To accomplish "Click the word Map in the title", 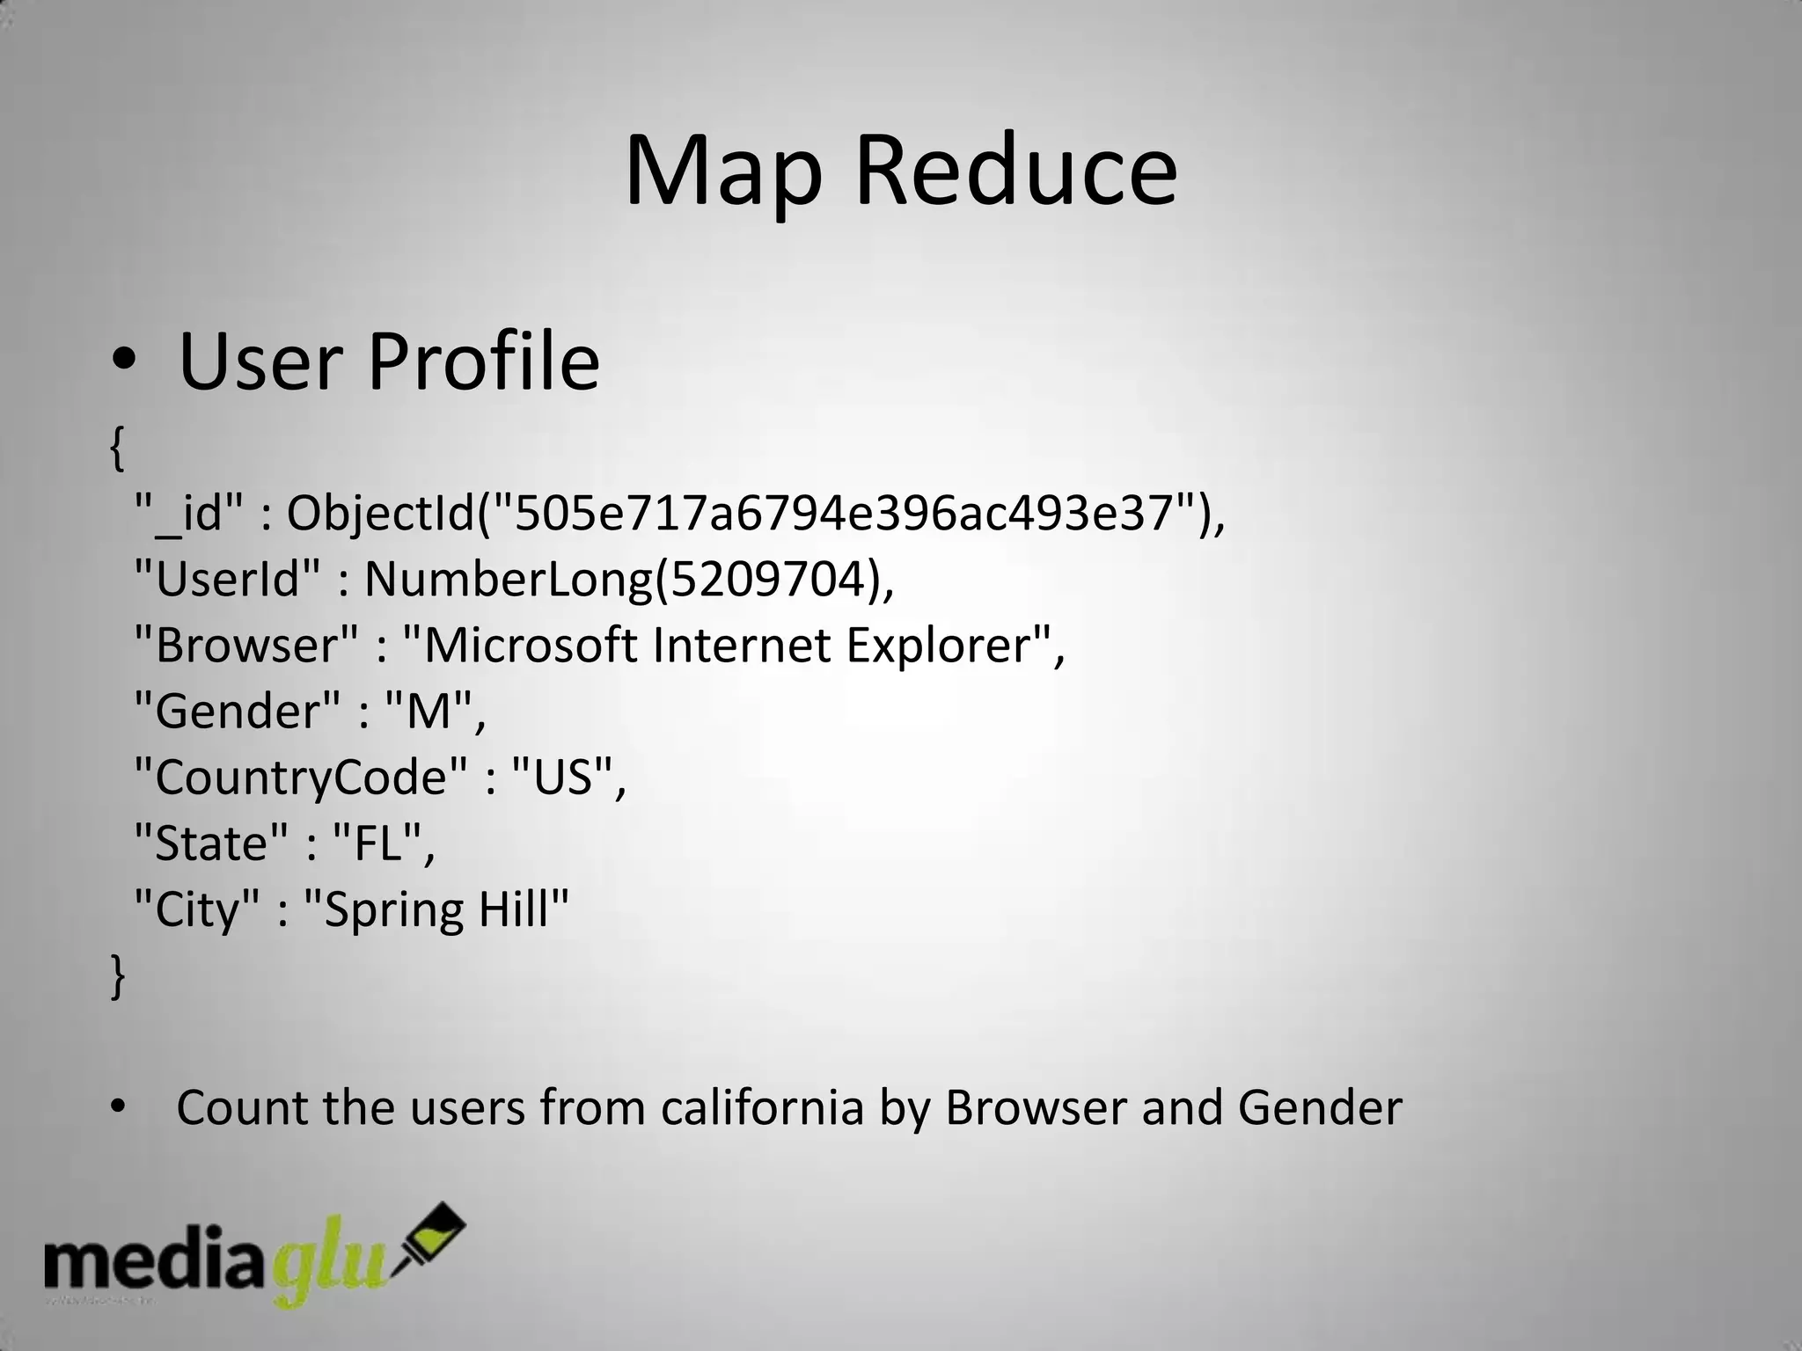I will [x=723, y=173].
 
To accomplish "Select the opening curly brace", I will [x=117, y=449].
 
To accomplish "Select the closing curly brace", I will [x=117, y=975].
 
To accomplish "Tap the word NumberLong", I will [x=509, y=580].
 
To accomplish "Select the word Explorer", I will [x=938, y=646].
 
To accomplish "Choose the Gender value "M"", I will [x=429, y=712].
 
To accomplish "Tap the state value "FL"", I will [x=378, y=843].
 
